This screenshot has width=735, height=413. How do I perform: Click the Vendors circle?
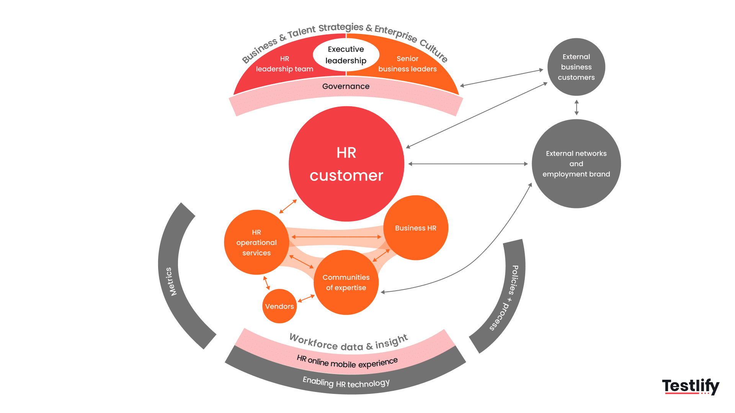279,306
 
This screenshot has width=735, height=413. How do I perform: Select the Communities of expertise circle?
346,283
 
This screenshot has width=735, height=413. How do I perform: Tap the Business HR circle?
416,228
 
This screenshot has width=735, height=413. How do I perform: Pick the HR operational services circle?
256,242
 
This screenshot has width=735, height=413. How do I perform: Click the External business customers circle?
576,67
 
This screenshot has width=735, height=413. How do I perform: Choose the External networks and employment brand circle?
576,164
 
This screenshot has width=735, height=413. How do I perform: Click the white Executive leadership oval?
346,55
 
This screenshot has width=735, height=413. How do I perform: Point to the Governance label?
346,86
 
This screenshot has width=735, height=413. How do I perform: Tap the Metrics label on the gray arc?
171,281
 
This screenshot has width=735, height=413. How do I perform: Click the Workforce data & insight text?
349,343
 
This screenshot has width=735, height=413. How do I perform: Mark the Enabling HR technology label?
346,383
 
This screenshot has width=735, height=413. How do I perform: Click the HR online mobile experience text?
347,362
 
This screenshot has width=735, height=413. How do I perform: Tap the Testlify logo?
691,386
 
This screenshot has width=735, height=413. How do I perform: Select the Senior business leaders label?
407,64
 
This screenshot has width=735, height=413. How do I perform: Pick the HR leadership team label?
284,64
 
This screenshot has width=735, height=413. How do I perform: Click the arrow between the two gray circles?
577,107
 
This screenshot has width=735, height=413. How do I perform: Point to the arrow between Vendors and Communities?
306,299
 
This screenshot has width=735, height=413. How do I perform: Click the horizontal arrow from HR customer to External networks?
468,164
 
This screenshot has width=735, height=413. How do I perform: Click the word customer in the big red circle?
346,176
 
